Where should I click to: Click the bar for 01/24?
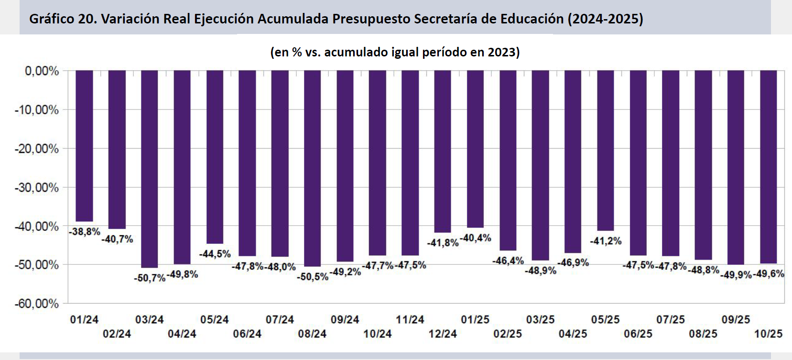tap(84, 146)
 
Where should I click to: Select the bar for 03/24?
tap(150, 169)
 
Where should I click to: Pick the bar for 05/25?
tap(605, 151)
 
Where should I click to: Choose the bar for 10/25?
tap(768, 167)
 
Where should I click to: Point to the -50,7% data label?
tap(150, 278)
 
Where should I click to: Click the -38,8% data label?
tap(85, 232)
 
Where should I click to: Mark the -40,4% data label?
tap(475, 238)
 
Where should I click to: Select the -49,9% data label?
tap(736, 275)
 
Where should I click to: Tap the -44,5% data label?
tap(215, 254)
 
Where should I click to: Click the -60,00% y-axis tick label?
tap(37, 304)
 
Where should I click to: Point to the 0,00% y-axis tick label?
tap(42, 71)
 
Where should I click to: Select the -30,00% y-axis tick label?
tap(37, 187)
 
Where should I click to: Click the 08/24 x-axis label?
tap(312, 334)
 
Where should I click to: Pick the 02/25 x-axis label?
tap(508, 334)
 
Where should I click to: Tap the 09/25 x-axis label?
tap(736, 319)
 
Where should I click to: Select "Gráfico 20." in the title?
tap(63, 19)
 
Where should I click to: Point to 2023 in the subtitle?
tap(501, 52)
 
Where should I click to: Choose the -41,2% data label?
tap(606, 241)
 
